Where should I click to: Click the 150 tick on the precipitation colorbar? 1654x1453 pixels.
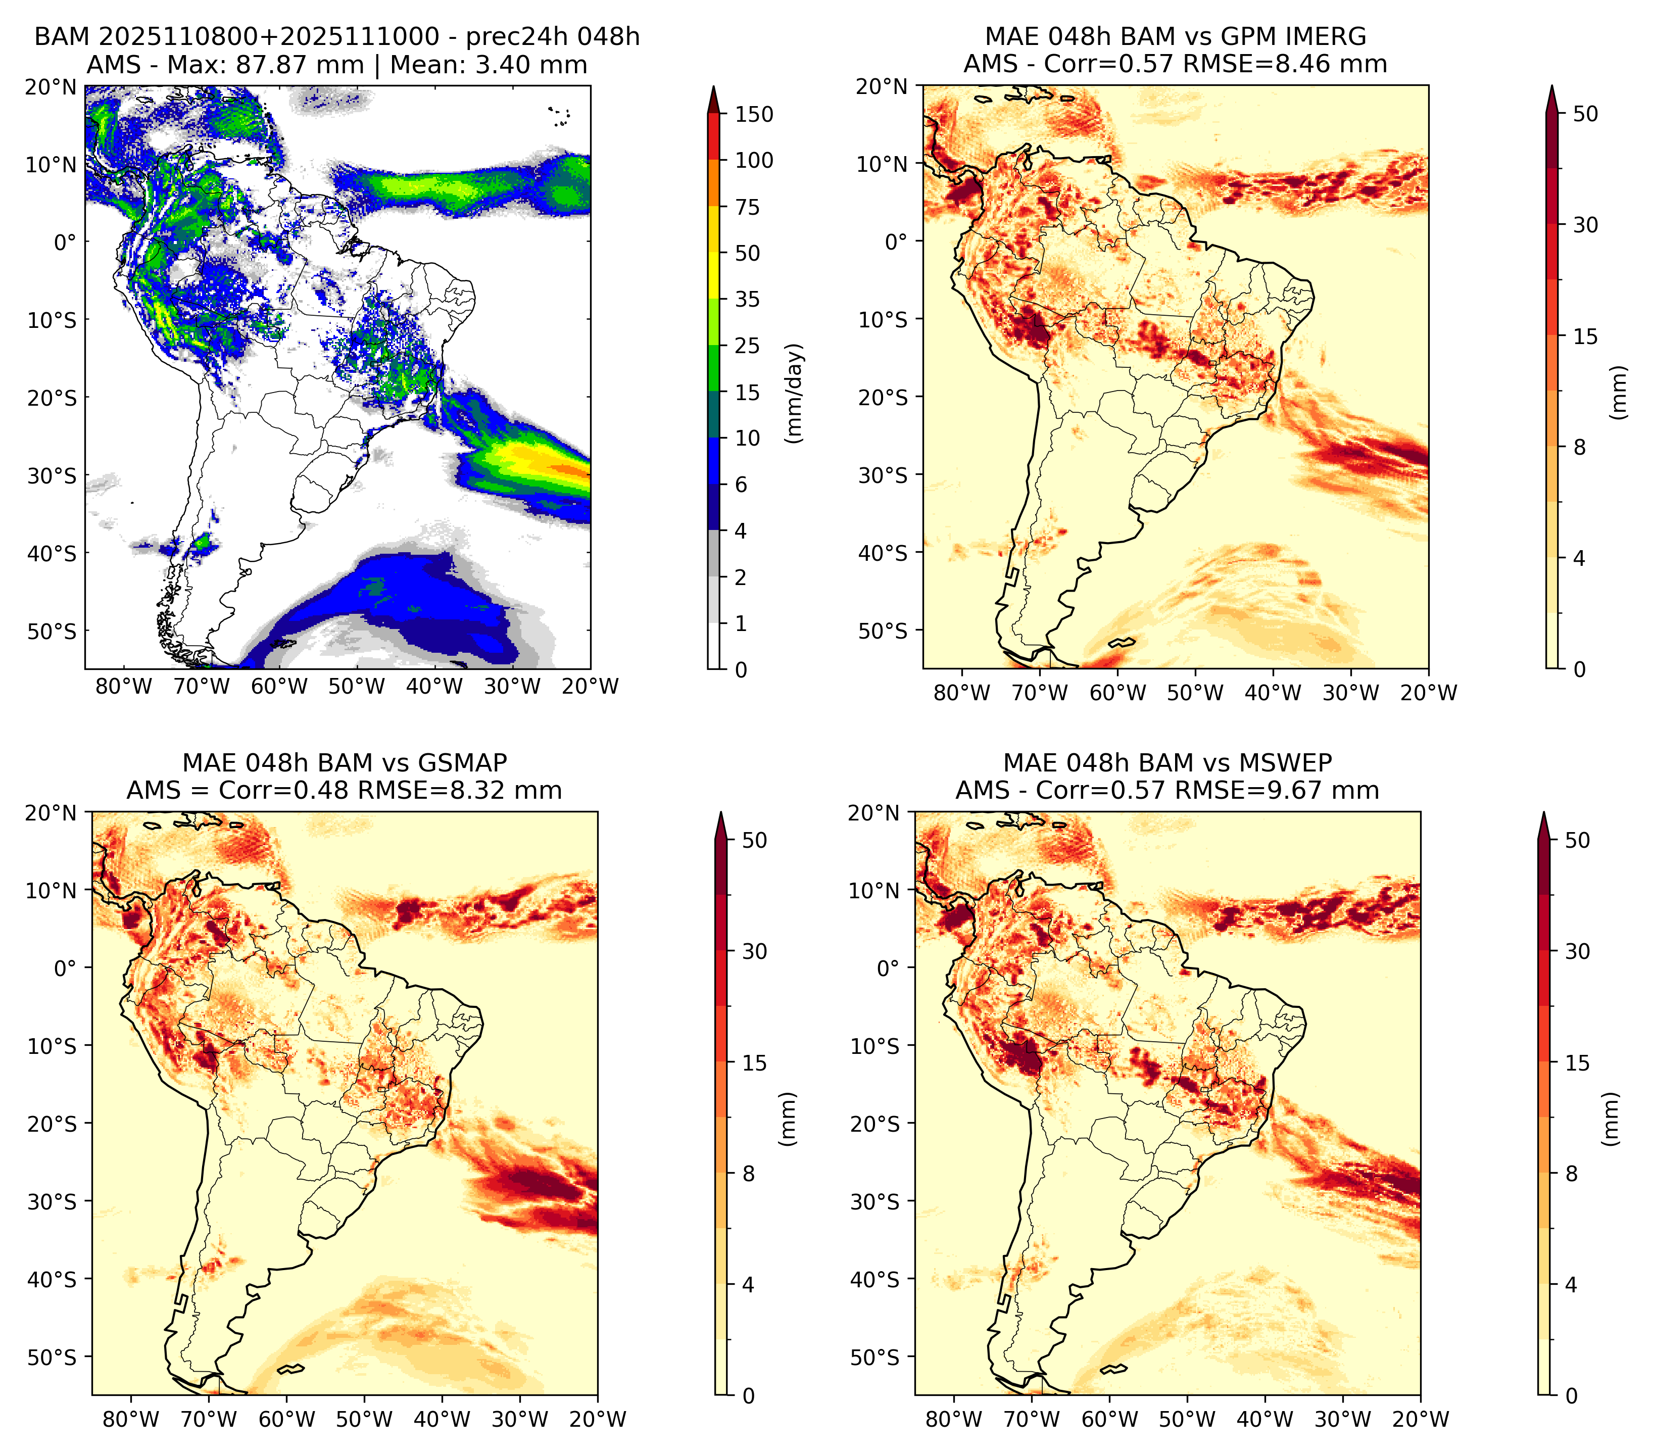click(x=753, y=114)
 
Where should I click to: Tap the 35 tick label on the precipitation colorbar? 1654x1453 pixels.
click(x=747, y=299)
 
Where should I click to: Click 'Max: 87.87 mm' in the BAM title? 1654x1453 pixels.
click(x=265, y=65)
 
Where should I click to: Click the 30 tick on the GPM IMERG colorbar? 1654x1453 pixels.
click(x=1585, y=225)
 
